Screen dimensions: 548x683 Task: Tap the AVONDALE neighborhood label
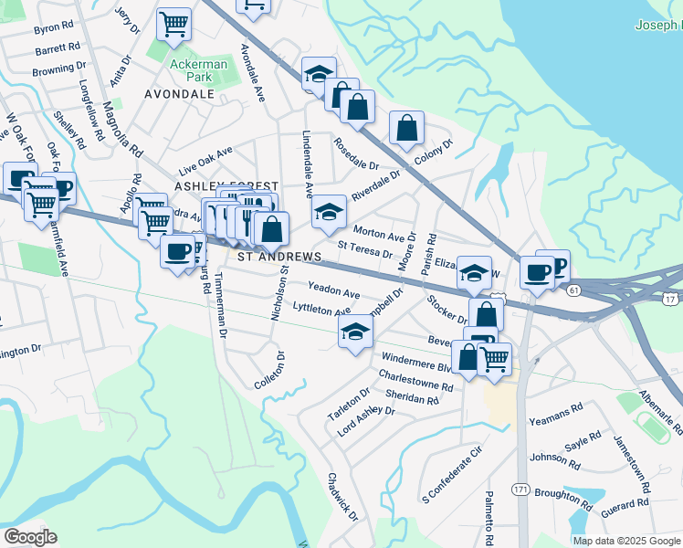click(x=179, y=94)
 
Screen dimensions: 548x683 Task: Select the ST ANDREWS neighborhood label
click(x=279, y=258)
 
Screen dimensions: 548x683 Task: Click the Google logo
click(x=30, y=536)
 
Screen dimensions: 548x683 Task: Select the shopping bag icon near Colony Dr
click(x=406, y=128)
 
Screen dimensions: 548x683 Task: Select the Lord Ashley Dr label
click(x=365, y=418)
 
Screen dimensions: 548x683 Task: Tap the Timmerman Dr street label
click(x=222, y=309)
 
